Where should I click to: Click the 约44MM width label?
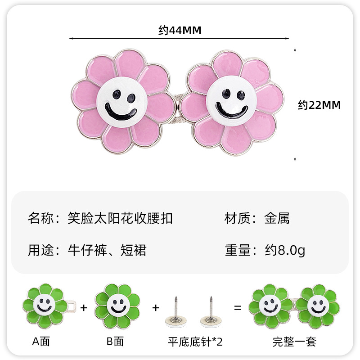tap(180, 30)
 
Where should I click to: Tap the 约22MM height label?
tap(319, 105)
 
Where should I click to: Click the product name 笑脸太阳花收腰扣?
tap(120, 219)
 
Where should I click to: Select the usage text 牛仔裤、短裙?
tap(107, 250)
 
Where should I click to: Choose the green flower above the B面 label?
tap(117, 306)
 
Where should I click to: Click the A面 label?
tap(41, 341)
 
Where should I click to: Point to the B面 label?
tap(115, 341)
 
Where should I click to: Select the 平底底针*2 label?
tap(194, 341)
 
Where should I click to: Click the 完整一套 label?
tap(294, 342)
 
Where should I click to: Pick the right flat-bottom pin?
tap(210, 310)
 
